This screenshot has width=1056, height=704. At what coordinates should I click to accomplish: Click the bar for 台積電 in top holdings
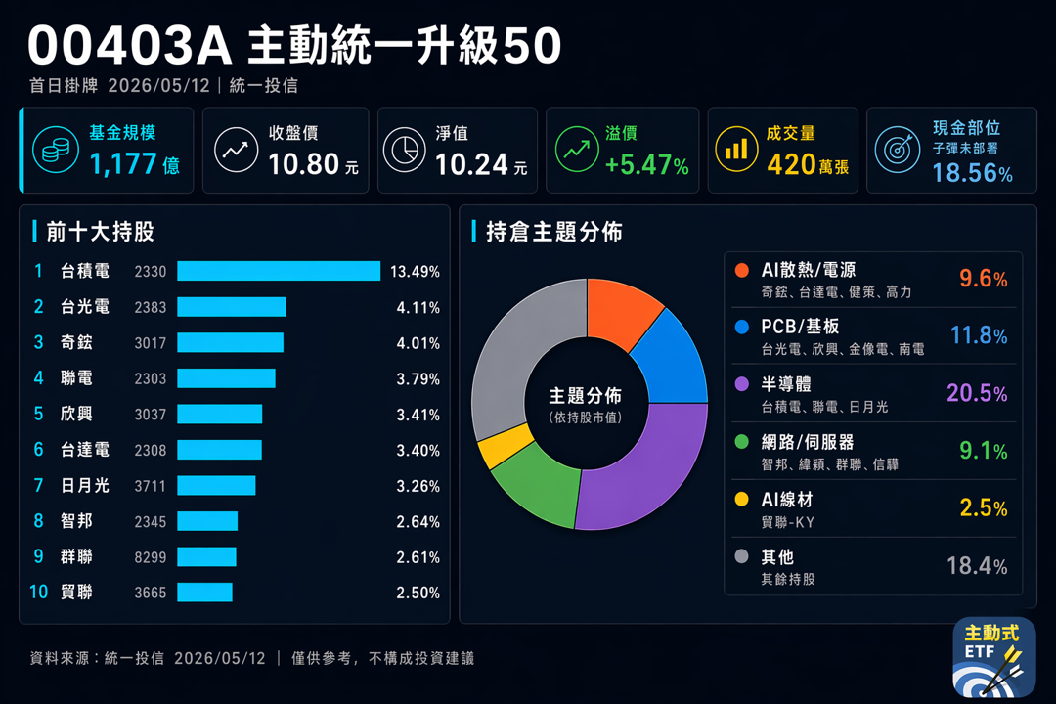[x=279, y=271]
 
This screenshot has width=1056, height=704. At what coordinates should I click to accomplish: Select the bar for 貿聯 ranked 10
[x=204, y=593]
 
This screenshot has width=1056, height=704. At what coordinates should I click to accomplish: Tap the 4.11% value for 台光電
[x=418, y=307]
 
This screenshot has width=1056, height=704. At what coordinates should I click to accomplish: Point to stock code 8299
[x=151, y=557]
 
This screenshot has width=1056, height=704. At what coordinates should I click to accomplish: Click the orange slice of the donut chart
[x=621, y=310]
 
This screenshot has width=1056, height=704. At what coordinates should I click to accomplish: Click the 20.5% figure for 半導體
[x=977, y=393]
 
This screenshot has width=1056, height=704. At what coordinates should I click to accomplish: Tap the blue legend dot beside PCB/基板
[x=741, y=327]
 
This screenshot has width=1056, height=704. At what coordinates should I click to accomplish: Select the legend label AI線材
[x=786, y=500]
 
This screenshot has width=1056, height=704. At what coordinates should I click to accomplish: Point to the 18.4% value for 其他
[x=977, y=566]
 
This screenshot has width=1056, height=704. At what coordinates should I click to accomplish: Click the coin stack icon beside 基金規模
[x=55, y=151]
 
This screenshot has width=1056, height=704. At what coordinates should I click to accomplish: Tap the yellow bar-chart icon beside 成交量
[x=736, y=149]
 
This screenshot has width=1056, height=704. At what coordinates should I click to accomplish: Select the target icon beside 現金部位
[x=898, y=149]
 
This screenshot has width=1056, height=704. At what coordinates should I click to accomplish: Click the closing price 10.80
[x=304, y=164]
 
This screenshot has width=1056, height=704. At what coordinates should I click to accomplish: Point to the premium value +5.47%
[x=646, y=165]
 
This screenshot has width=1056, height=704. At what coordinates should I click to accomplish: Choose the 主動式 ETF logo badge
[x=994, y=657]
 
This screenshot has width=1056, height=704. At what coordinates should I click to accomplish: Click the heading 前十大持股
[x=101, y=232]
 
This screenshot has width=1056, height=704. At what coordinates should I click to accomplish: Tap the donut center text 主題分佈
[x=586, y=395]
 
